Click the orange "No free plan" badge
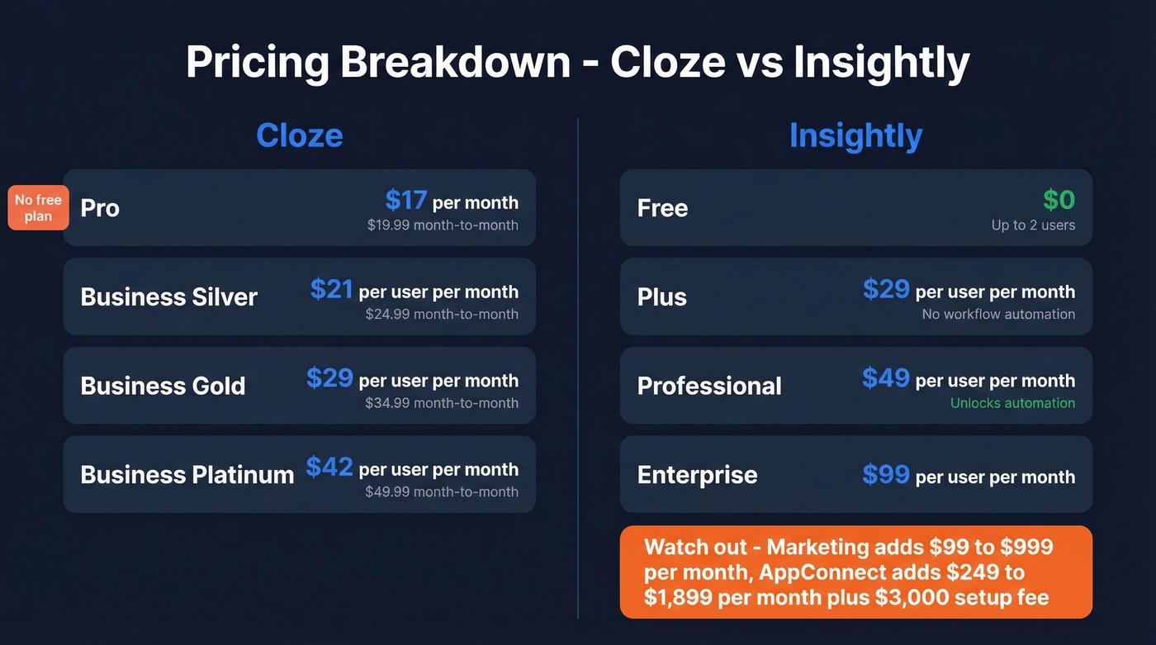[x=38, y=208]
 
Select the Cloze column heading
[x=299, y=135]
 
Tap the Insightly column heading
[x=855, y=135]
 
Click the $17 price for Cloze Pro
[x=405, y=200]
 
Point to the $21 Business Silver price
[x=331, y=289]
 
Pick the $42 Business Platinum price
[x=329, y=467]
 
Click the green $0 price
[x=1059, y=200]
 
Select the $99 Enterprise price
[x=885, y=475]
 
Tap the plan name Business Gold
[x=163, y=386]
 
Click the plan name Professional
[x=709, y=386]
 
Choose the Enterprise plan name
[x=697, y=475]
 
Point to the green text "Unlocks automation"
[x=1012, y=403]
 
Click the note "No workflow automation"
[x=998, y=314]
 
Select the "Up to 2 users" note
[x=1033, y=225]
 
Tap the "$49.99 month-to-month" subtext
[x=442, y=491]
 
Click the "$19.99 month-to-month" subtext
[x=443, y=225]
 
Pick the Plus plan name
[x=661, y=296]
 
